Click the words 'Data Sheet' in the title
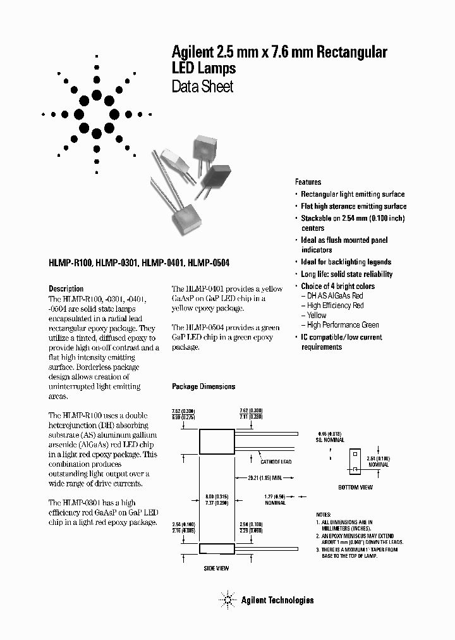pyautogui.click(x=202, y=87)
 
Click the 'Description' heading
pyautogui.click(x=66, y=289)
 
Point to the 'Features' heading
pyautogui.click(x=308, y=182)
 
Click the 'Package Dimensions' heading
pyautogui.click(x=203, y=386)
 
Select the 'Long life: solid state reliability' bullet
pyautogui.click(x=346, y=274)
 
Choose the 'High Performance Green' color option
pyautogui.click(x=343, y=325)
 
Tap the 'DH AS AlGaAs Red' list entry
pyautogui.click(x=335, y=296)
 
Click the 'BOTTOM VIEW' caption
pyautogui.click(x=356, y=487)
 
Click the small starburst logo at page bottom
pyautogui.click(x=227, y=600)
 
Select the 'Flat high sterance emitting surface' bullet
pyautogui.click(x=353, y=206)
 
